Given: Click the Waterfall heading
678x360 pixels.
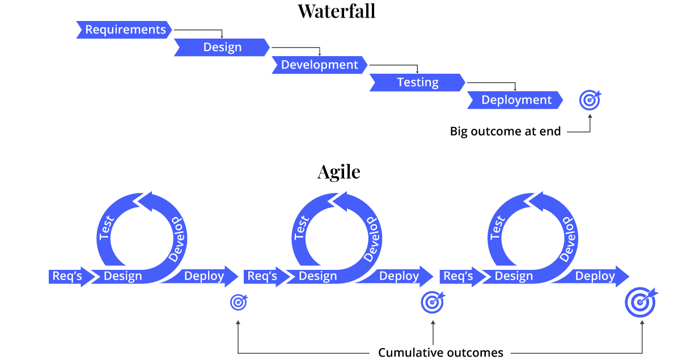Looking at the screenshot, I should point(336,11).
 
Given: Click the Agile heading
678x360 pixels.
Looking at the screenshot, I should point(338,172).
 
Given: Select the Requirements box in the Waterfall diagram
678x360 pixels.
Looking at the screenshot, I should point(125,30).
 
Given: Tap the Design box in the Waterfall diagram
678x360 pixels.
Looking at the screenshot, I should point(222,48).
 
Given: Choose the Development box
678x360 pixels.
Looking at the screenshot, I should point(319,65).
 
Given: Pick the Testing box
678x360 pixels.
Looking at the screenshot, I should point(417,83).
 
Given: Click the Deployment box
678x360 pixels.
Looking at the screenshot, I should point(516,100).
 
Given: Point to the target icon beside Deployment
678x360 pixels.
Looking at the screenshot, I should point(590,101).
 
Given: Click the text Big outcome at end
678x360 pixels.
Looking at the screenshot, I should point(505,132).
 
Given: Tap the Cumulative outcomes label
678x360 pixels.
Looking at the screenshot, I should point(440,353).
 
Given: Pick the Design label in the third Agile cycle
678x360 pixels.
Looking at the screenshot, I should point(514,276).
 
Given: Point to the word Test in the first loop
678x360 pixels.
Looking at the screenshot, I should point(105,227).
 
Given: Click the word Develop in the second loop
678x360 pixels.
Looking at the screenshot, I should point(372,238).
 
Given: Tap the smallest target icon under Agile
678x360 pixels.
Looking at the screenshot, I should point(239,302).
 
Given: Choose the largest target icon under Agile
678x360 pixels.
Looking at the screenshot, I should point(641,302).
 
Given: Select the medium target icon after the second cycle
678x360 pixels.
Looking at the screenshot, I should point(433,302).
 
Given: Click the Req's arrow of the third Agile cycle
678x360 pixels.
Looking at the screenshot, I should point(459,276).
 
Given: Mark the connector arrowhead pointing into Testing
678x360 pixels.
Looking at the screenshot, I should point(417,72).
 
